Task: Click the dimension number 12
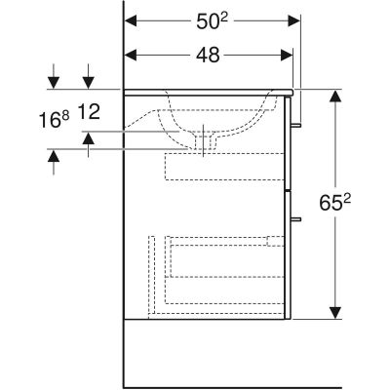click(89, 113)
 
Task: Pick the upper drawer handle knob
click(298, 125)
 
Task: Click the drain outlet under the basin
click(206, 143)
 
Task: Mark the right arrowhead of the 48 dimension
click(286, 56)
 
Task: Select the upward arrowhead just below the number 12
click(89, 139)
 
